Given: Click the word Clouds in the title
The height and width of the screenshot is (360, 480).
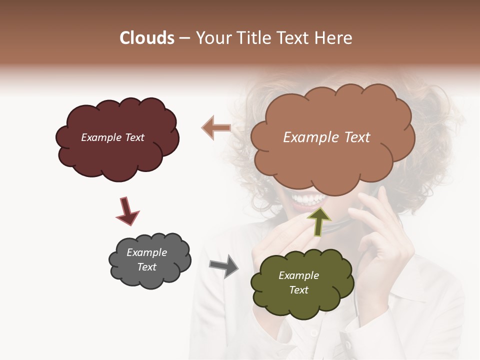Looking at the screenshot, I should [147, 38].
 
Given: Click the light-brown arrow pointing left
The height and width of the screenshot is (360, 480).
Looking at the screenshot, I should [216, 128].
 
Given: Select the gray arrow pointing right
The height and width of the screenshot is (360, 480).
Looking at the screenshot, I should [223, 265].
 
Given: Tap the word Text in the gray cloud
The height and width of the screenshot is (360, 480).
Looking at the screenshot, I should [147, 267].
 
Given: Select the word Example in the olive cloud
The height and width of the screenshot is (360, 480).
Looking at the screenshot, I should [298, 275].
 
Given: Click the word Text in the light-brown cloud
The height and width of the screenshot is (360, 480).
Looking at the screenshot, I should [355, 137].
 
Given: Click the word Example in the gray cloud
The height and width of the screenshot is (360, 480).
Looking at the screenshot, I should [147, 252].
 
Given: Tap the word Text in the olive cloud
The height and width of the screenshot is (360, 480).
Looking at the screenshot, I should [298, 290].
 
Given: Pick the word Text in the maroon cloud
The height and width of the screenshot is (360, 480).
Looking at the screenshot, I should [134, 137].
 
